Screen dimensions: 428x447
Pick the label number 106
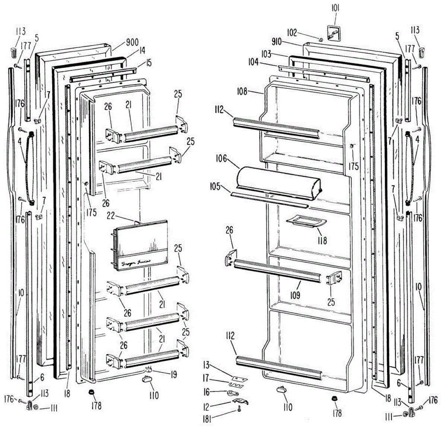[221, 159]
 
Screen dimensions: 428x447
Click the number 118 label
[323, 240]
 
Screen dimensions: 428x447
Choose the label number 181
[207, 419]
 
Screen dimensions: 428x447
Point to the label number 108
[242, 91]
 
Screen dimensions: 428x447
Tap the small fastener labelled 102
[321, 39]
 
